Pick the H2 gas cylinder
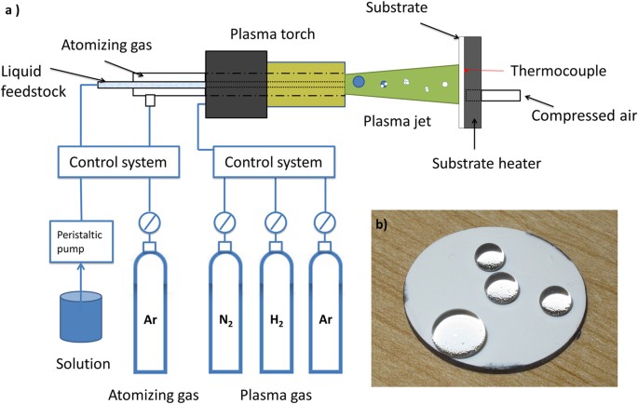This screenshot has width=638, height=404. (x=275, y=307)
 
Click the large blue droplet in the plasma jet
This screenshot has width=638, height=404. (x=359, y=83)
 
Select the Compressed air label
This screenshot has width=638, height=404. (x=583, y=116)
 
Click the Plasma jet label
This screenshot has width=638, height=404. (x=392, y=121)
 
